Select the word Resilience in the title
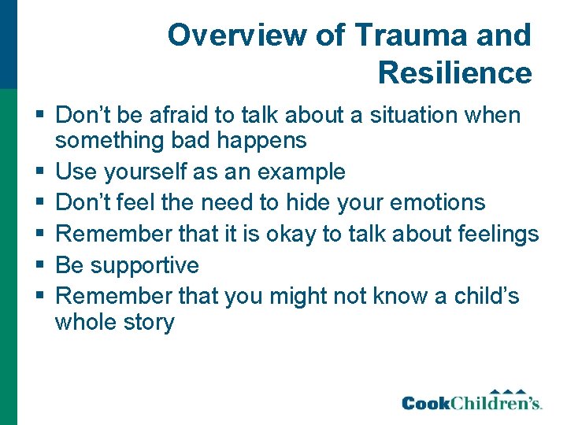(x=455, y=73)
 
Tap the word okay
(x=298, y=234)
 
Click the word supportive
(x=145, y=265)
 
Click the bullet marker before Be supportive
(x=39, y=265)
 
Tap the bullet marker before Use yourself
(x=39, y=172)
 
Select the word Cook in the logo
(x=427, y=404)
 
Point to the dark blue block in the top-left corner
(x=8, y=43)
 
